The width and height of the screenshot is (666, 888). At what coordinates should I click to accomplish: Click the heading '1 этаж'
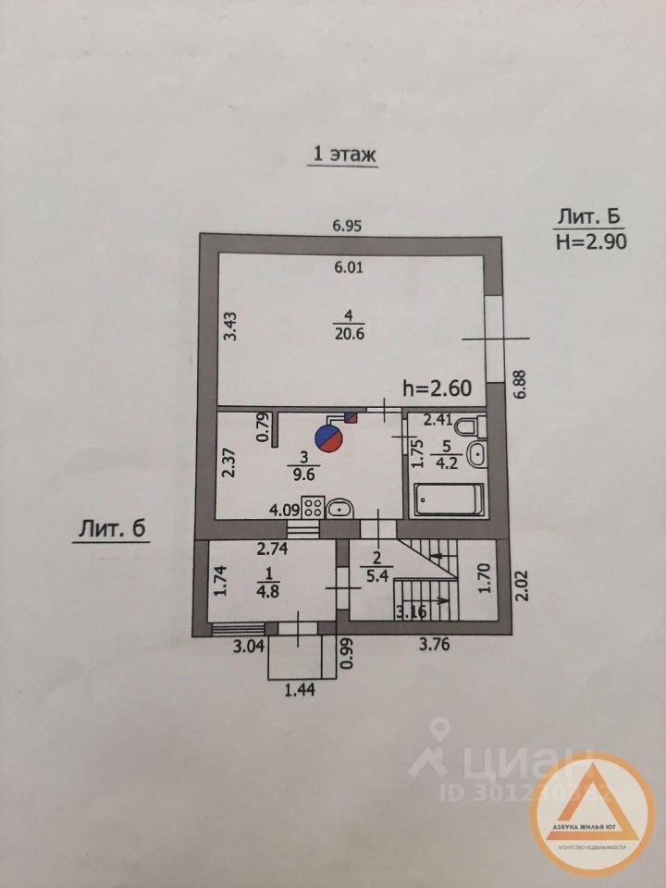point(342,154)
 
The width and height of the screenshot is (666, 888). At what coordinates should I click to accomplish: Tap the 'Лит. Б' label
point(587,217)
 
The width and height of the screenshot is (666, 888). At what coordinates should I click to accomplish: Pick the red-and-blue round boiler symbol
point(327,436)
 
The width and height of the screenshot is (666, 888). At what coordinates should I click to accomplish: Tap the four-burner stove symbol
point(310,507)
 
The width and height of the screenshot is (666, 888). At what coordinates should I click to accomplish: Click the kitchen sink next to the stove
point(339,507)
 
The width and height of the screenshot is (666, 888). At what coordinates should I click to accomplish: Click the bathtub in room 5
point(448,499)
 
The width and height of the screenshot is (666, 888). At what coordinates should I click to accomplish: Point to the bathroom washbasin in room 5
point(477,453)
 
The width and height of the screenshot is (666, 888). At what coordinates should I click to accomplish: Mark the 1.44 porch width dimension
point(294,689)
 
